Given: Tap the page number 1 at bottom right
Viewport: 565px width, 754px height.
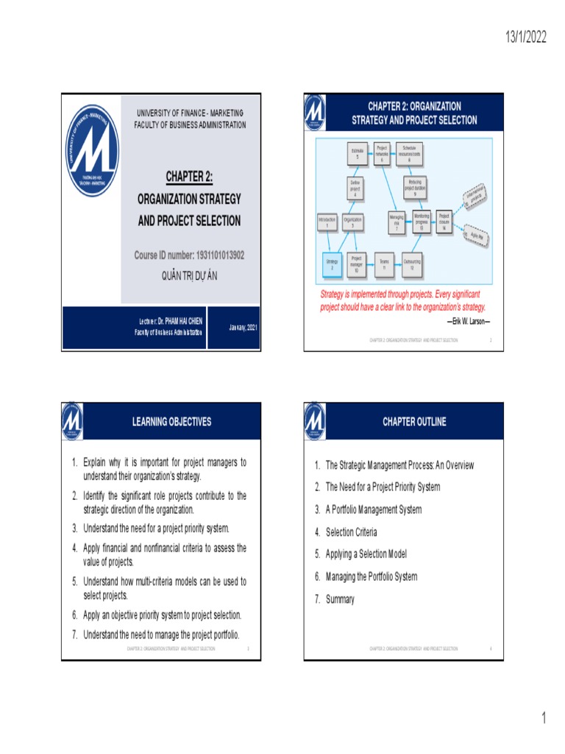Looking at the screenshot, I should [544, 719].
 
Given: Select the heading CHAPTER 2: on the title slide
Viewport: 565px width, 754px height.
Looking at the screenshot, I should [189, 177].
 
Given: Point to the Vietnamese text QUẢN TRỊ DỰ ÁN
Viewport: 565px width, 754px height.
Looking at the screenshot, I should [189, 275].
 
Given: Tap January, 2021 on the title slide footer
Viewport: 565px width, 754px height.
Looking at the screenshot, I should [243, 327].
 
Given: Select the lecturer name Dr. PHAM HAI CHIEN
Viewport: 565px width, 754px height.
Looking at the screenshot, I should [171, 322].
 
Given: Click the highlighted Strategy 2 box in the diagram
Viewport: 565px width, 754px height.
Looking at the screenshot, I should [332, 264].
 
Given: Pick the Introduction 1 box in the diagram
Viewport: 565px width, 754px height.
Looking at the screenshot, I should [327, 222].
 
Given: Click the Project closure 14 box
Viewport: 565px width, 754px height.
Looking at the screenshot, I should [444, 222].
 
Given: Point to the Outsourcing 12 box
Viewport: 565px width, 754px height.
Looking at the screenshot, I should [413, 264].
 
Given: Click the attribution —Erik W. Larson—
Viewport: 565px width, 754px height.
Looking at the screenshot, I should [468, 321].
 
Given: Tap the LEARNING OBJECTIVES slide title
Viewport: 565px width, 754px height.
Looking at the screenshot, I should [171, 422].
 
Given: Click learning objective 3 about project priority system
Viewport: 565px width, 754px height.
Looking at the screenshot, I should [156, 529].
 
